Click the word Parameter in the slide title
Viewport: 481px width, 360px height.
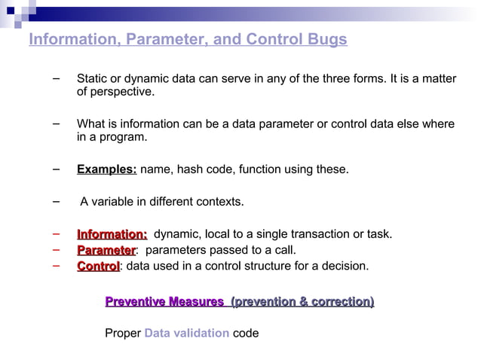click(x=158, y=40)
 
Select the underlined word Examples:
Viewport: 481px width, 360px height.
click(x=106, y=169)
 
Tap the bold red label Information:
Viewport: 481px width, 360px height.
click(x=112, y=234)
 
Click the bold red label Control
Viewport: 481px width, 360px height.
click(x=98, y=266)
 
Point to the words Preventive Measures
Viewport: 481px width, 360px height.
click(x=164, y=302)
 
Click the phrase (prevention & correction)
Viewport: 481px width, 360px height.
click(x=302, y=302)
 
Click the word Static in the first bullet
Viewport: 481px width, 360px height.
click(x=93, y=79)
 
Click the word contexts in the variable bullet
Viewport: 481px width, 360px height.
click(x=219, y=202)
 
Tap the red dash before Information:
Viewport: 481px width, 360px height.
click(x=57, y=233)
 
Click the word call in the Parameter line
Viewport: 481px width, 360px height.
click(x=283, y=250)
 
